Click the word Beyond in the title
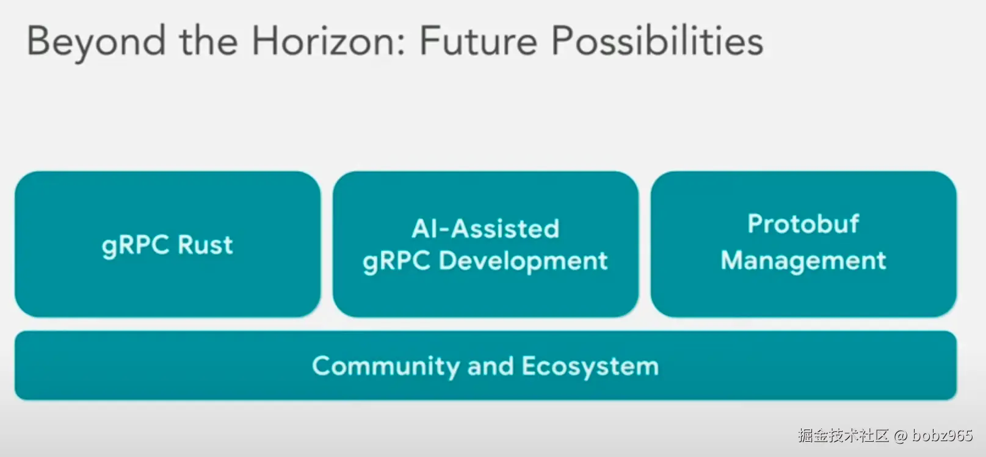tap(96, 42)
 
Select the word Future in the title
tap(479, 40)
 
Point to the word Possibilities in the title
tap(657, 40)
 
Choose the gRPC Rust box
tap(168, 244)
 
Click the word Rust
tap(205, 244)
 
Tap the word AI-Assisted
tap(485, 229)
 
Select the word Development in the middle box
tap(523, 261)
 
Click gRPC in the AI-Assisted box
tap(396, 261)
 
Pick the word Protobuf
tap(803, 223)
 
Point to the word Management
tap(803, 261)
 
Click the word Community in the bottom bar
tap(386, 366)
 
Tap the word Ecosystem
tap(590, 366)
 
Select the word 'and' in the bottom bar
tap(491, 366)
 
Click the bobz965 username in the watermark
tap(942, 436)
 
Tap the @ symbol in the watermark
tap(901, 436)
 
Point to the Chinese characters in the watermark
tap(844, 436)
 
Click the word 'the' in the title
tap(209, 40)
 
